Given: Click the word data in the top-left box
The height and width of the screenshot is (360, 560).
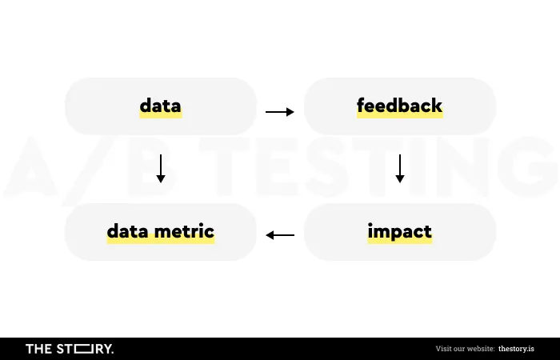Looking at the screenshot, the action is coord(160,106).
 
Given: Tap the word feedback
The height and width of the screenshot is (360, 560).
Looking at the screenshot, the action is coord(400,106).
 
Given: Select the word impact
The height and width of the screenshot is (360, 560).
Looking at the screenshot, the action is coord(400,232).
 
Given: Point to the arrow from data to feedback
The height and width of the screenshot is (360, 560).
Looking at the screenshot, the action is coord(280,112).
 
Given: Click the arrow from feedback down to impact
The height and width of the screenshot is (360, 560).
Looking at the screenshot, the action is coord(400,169).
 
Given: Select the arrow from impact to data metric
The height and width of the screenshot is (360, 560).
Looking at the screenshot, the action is coord(280,235).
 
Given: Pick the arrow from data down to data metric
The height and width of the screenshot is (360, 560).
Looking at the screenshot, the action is coord(161,169).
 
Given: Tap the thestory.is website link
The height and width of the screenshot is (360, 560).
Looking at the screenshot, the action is coord(517,349).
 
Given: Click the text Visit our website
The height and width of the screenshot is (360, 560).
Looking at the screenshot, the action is coord(465,349).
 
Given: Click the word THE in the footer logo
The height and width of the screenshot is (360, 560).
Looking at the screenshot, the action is coord(39,349).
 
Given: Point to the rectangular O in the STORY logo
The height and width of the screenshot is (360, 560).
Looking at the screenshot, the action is coord(83,349).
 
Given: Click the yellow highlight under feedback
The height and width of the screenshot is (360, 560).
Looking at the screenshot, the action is coord(400,115).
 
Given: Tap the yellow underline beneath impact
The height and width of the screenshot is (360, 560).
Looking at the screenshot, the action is coord(400,241).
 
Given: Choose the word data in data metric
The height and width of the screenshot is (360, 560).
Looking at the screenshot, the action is coord(128,231).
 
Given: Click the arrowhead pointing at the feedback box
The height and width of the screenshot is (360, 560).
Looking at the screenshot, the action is coord(290,112).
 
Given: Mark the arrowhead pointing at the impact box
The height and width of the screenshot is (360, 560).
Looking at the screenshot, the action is coord(400,178).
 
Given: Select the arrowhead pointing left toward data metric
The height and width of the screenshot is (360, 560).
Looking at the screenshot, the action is coord(270,235).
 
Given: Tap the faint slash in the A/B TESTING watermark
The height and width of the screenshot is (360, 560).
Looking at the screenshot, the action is coord(89,170).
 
